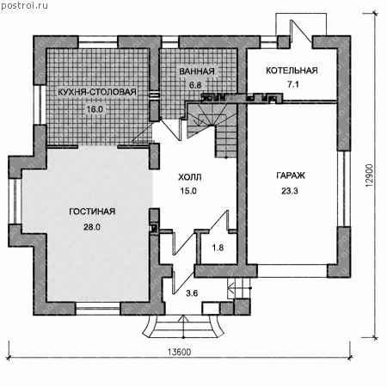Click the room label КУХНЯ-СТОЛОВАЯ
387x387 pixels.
97,92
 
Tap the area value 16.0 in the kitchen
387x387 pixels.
95,109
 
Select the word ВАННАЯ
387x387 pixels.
197,71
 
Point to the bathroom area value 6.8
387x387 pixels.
195,85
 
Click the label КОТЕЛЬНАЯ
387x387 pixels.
292,71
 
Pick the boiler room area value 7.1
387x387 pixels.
293,84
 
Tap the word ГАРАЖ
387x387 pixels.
291,175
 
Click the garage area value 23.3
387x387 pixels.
290,191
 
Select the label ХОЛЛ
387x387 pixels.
190,177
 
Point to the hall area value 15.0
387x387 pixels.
188,191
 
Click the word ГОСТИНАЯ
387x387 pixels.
92,212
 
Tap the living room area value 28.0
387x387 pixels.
92,227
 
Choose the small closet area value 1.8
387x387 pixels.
218,248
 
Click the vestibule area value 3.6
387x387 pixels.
192,293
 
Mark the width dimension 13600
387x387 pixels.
179,352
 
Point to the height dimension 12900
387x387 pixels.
370,175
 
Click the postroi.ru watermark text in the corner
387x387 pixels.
24,5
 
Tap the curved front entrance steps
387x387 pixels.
183,326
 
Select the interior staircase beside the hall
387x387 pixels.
212,131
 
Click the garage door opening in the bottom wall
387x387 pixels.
292,271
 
